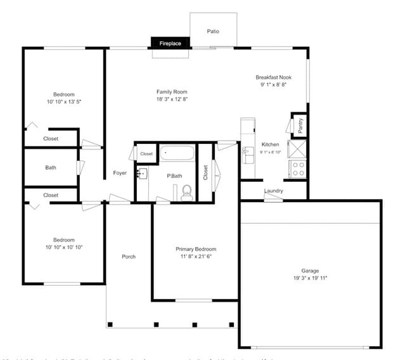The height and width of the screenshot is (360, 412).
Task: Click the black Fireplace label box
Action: coord(170,43)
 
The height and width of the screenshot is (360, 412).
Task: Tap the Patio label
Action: coord(214,31)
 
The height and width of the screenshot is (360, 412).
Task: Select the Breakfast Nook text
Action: coord(273,77)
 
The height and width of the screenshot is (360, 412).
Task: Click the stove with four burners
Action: coord(297,169)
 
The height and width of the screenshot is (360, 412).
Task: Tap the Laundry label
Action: coord(273,191)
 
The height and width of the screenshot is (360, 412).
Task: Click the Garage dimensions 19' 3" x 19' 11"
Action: coord(310,278)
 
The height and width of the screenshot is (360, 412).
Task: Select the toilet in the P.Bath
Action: coord(186,191)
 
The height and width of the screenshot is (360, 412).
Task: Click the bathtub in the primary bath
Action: coord(177,153)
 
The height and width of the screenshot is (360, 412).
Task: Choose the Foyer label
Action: coord(120,173)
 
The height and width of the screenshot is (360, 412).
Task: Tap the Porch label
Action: coord(129,257)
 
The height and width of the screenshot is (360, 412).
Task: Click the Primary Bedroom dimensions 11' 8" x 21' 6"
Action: coord(196,257)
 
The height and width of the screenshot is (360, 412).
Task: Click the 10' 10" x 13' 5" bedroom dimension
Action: coord(64,101)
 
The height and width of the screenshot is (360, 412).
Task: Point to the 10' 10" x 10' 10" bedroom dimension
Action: coord(64,247)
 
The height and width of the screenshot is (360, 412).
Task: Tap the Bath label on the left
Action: coord(51,168)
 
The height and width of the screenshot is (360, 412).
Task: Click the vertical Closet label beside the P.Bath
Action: coord(205,172)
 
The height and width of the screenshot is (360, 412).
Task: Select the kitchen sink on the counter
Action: coord(247,152)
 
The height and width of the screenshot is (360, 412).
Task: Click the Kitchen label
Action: coord(270,145)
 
